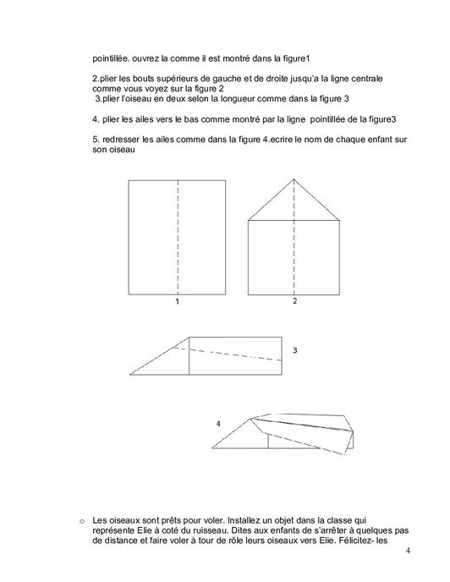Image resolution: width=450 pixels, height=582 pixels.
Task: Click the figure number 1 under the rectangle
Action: [178, 301]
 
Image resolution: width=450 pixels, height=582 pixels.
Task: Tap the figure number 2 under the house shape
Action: [294, 301]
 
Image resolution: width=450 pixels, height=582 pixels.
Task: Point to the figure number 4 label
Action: [218, 422]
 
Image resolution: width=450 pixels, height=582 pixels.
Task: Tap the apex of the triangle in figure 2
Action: [294, 179]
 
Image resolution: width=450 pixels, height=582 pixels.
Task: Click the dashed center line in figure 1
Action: [178, 237]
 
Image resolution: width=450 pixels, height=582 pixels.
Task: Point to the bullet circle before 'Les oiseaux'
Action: [80, 519]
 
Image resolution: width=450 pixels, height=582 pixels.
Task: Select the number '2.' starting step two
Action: [96, 79]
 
